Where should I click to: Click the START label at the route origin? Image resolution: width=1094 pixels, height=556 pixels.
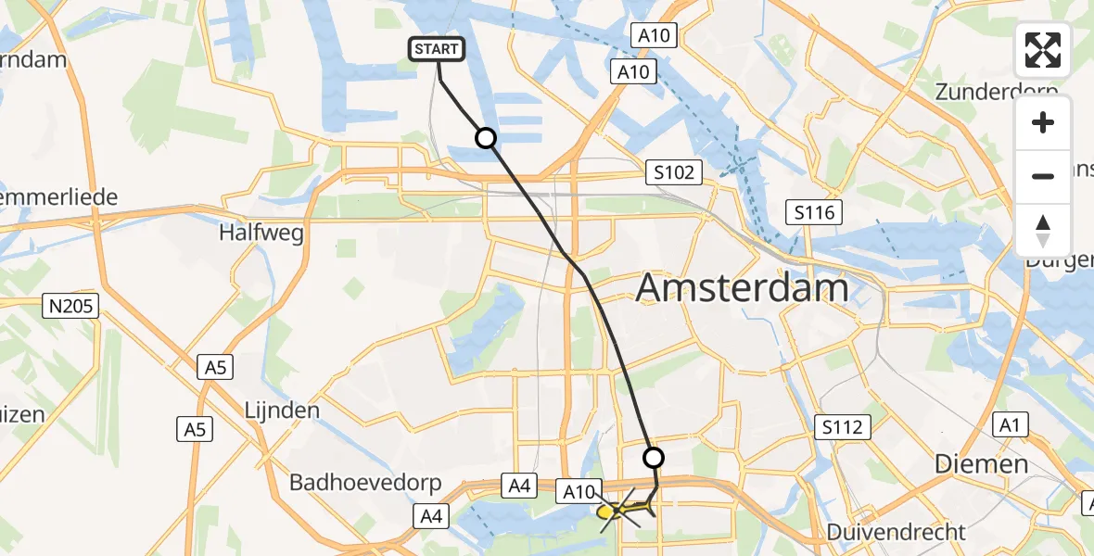click(437, 49)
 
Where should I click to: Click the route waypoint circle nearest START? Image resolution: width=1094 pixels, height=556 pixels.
click(485, 139)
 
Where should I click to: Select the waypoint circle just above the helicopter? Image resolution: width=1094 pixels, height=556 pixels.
click(654, 458)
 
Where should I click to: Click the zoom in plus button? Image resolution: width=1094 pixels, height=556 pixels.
click(1043, 123)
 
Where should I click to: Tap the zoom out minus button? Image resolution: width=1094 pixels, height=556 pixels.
click(1043, 176)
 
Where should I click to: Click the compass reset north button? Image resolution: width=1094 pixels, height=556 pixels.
click(1043, 230)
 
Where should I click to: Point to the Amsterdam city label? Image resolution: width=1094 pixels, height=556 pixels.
click(742, 288)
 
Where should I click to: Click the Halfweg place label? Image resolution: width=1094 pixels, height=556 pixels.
click(261, 234)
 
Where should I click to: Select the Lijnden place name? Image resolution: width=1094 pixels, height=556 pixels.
click(281, 410)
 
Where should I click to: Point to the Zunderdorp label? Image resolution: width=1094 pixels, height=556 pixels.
click(997, 92)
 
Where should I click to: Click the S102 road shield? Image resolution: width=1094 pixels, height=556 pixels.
click(672, 172)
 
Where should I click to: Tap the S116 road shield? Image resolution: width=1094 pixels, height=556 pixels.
click(814, 213)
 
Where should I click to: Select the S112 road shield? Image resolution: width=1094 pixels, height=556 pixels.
click(842, 427)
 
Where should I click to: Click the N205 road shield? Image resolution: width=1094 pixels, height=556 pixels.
click(71, 305)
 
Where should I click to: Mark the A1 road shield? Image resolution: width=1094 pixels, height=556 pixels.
click(1009, 425)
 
